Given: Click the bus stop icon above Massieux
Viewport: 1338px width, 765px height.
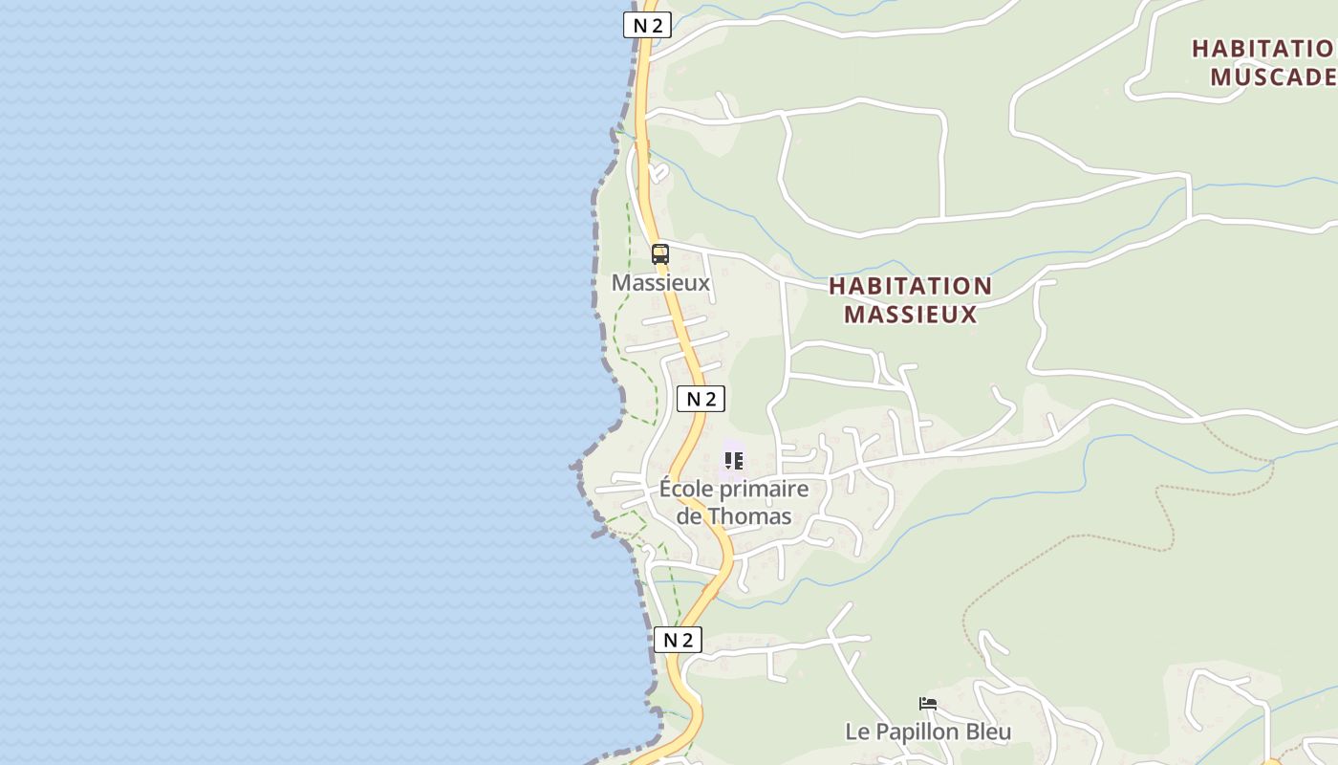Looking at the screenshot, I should tap(660, 254).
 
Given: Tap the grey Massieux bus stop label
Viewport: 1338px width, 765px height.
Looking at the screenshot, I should tap(660, 283).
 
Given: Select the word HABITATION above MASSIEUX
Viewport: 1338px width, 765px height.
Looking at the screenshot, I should tap(910, 286).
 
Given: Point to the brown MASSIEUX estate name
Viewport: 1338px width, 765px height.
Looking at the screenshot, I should tap(910, 314).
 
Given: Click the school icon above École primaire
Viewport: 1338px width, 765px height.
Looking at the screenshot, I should tap(733, 461).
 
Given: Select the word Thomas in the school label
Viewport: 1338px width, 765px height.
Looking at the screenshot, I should tap(750, 516).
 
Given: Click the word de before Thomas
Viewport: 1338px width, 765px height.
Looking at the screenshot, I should tap(689, 516).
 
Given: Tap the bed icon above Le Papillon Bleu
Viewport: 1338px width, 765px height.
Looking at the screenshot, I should tap(927, 705).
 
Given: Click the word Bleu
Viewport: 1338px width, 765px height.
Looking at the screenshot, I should tap(988, 732).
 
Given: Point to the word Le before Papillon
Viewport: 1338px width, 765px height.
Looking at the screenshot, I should tap(856, 732).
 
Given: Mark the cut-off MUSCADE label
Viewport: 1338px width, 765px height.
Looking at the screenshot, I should tap(1272, 76).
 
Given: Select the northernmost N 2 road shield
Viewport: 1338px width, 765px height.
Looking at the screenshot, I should tap(647, 25).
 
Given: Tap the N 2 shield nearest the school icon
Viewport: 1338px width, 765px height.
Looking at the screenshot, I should tap(701, 399).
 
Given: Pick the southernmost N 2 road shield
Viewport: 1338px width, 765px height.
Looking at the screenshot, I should tap(678, 640).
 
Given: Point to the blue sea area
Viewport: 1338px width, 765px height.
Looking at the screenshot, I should tap(287, 382).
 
